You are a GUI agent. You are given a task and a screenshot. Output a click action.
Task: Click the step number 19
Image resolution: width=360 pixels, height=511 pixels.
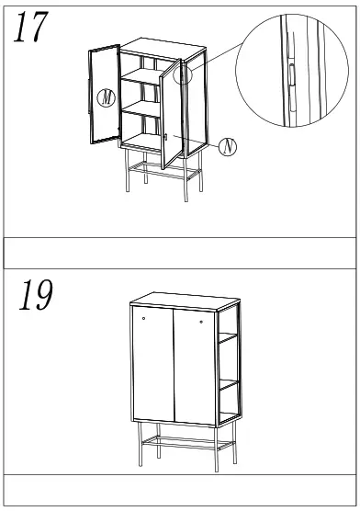(35, 297)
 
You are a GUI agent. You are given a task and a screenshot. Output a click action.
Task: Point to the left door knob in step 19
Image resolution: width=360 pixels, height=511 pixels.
(143, 318)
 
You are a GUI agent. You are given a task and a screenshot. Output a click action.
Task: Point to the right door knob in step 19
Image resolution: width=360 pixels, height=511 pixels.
(200, 323)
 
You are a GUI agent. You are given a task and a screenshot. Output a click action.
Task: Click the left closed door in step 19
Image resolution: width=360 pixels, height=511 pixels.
(149, 363)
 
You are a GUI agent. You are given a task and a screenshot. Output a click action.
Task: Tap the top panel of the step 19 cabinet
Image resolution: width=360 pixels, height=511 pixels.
(182, 301)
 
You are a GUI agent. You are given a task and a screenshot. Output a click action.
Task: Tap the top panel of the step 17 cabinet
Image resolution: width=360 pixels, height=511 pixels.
(156, 46)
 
